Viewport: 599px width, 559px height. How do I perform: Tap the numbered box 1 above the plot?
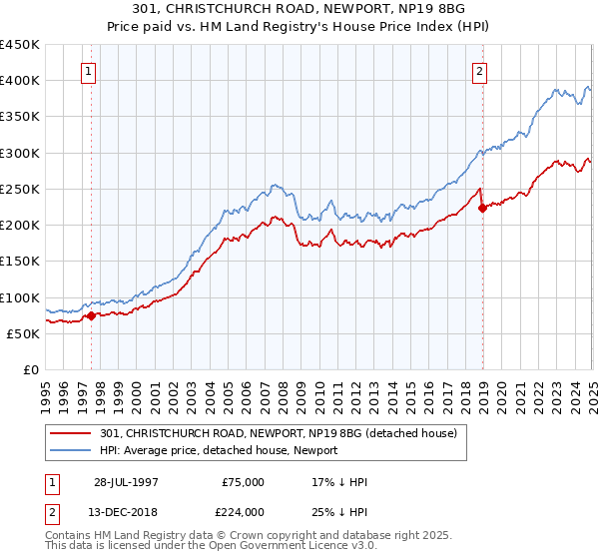[x=90, y=71]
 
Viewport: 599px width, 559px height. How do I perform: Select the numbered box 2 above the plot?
[x=480, y=71]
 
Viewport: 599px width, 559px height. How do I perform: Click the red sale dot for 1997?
[x=91, y=315]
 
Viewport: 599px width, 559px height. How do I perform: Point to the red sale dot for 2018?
[x=482, y=208]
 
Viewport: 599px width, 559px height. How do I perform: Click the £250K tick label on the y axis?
[x=20, y=189]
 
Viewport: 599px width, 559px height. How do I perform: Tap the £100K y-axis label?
[x=20, y=297]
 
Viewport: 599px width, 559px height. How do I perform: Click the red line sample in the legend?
[x=72, y=433]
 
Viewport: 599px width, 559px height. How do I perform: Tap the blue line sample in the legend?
[x=72, y=450]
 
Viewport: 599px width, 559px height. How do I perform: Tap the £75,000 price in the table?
[x=244, y=482]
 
